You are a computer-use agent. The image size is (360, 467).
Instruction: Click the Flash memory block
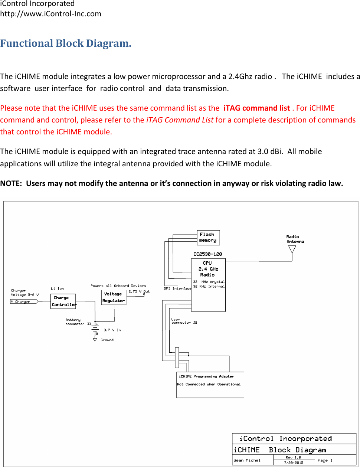[x=208, y=238]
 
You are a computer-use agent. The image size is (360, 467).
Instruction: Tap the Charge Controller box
[x=63, y=301]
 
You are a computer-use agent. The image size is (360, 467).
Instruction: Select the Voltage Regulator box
[x=114, y=297]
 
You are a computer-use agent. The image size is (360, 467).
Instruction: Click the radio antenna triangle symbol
[x=292, y=249]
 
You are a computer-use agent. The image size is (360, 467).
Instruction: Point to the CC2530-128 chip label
[x=207, y=254]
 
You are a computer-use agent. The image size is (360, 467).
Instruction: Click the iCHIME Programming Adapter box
[x=210, y=385]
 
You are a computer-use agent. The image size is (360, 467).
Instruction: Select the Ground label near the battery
[x=107, y=340]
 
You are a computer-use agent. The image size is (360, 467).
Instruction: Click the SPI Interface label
[x=177, y=288]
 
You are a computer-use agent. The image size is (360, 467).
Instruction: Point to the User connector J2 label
[x=184, y=321]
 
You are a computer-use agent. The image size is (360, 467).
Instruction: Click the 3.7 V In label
[x=112, y=330]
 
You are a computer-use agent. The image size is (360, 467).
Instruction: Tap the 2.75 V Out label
[x=139, y=291]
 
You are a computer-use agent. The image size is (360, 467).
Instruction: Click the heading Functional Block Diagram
[x=66, y=43]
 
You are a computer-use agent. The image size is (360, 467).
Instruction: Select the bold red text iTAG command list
[x=256, y=108]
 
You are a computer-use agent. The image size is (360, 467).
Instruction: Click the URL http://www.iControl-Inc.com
[x=51, y=14]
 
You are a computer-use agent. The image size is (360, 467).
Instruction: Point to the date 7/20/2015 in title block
[x=294, y=463]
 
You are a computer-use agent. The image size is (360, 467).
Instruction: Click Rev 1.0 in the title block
[x=293, y=457]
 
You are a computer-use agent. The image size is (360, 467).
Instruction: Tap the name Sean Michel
[x=247, y=460]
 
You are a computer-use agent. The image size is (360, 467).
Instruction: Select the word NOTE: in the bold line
[x=11, y=183]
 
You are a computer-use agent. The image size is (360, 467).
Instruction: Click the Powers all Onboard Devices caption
[x=118, y=286]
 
